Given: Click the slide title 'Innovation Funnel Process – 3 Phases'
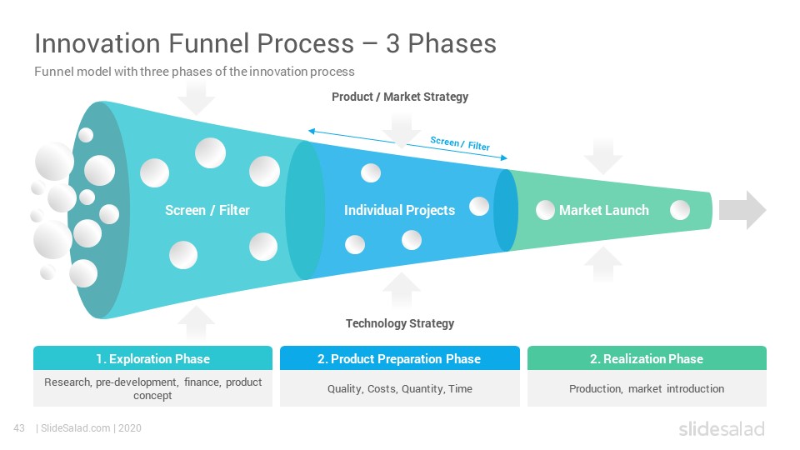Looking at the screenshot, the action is (x=265, y=43).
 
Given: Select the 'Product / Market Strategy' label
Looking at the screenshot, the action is (x=400, y=97).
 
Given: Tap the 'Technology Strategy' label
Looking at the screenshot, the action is (x=400, y=323).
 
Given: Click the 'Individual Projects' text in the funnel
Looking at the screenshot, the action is (x=399, y=210).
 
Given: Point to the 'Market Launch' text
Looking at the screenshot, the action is (x=604, y=210).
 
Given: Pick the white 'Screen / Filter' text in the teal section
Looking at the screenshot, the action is (x=207, y=210).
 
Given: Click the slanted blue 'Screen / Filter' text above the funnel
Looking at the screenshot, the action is (x=460, y=143).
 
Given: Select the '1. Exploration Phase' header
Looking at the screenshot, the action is (x=153, y=359).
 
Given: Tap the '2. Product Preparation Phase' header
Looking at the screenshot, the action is (x=399, y=359).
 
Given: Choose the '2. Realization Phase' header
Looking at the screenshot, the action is (x=647, y=359).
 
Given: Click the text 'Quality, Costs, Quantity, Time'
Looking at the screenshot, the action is (x=400, y=389).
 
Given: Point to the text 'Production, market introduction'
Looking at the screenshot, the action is (x=647, y=389).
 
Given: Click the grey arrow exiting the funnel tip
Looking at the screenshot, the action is (x=742, y=210).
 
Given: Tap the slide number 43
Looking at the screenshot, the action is (x=19, y=428).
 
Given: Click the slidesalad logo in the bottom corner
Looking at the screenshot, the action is (x=722, y=429).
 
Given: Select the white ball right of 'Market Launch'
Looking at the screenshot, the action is (x=680, y=210).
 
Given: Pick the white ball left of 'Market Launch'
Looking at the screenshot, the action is (x=545, y=210).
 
